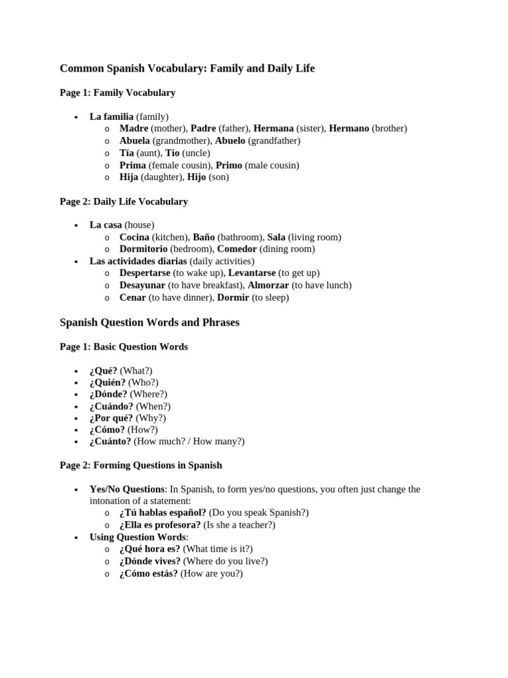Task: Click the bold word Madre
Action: (134, 128)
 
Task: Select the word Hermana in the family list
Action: (273, 128)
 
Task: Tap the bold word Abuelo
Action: (230, 140)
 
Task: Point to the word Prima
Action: (132, 165)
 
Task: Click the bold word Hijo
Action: (196, 177)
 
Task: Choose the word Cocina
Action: (134, 237)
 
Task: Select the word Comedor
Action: (237, 249)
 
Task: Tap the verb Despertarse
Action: (144, 273)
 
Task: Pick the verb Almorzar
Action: (268, 285)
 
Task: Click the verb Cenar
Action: (132, 297)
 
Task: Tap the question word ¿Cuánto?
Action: (110, 441)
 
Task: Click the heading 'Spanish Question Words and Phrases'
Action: (149, 322)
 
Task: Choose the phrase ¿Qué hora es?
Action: (149, 549)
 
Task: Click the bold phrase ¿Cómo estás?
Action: (148, 573)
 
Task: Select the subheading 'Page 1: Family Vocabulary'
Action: (118, 93)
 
